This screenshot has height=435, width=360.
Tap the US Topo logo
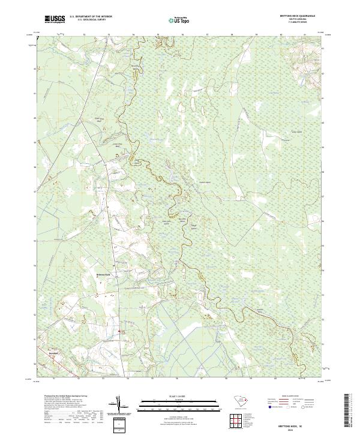[x=179, y=19]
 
